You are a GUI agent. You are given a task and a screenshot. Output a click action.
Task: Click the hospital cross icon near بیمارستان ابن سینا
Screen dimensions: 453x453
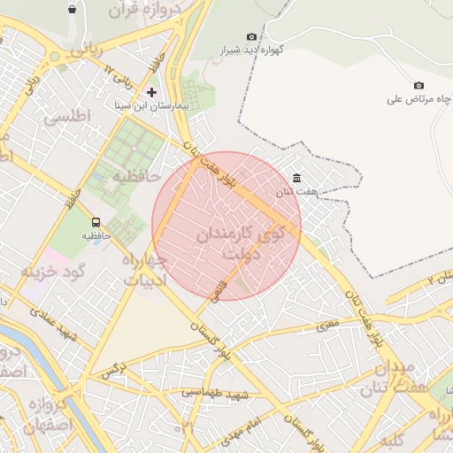click(152, 92)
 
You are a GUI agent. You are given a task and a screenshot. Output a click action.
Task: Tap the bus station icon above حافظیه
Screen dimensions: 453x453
click(96, 222)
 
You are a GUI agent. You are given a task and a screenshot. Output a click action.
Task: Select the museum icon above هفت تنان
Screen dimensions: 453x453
click(296, 179)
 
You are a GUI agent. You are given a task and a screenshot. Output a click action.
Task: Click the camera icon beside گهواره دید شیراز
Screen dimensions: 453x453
click(251, 37)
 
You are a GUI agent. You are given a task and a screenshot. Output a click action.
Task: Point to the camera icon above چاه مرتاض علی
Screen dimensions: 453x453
click(418, 86)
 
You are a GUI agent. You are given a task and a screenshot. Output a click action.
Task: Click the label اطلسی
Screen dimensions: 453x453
click(62, 116)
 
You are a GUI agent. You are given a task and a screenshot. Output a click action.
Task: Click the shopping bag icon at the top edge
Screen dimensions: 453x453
click(71, 9)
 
